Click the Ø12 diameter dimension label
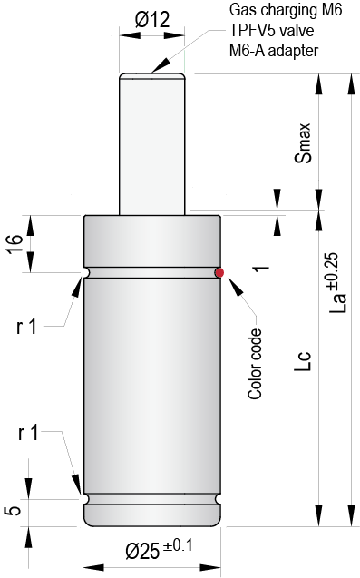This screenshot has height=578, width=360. (x=151, y=19)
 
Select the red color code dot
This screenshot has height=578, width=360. (x=219, y=271)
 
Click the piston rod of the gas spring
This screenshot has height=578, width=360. (x=153, y=145)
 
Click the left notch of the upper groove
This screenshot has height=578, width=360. (x=85, y=272)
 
